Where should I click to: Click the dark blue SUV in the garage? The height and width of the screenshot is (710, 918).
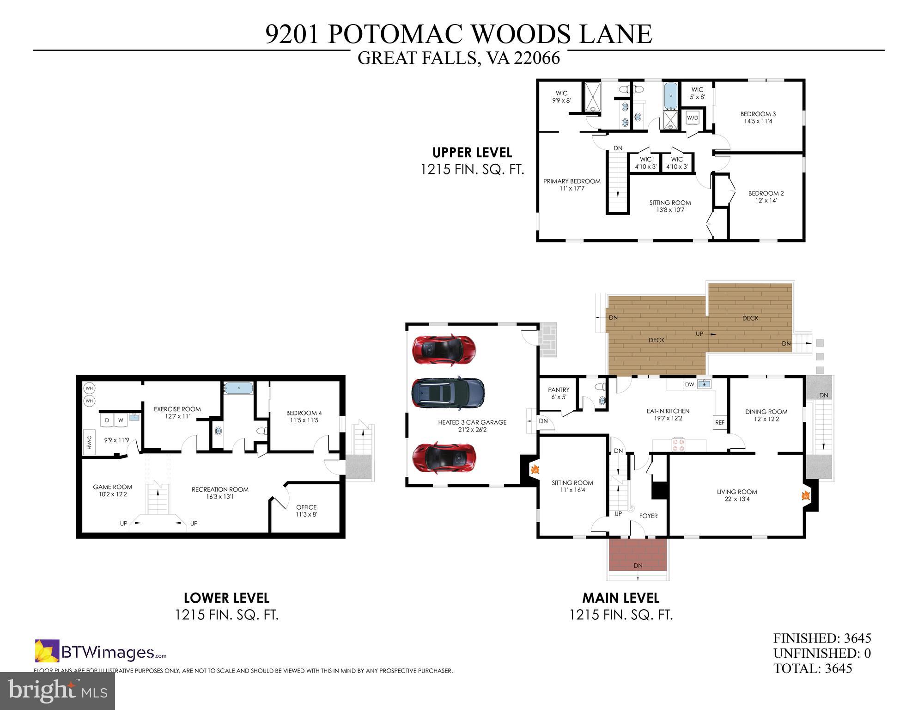[x=448, y=393]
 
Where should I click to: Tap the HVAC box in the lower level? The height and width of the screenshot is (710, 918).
[x=89, y=442]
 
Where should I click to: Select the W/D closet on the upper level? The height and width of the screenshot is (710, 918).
[x=692, y=118]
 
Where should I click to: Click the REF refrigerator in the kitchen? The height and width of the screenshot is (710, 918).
[x=719, y=422]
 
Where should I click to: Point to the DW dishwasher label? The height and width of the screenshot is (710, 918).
[x=689, y=384]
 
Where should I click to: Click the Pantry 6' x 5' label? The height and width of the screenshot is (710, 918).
[x=559, y=393]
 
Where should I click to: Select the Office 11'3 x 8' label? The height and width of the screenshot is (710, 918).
[x=306, y=511]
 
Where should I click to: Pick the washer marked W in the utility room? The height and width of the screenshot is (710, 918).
[x=121, y=420]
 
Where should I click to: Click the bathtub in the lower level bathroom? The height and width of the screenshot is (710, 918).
[x=238, y=388]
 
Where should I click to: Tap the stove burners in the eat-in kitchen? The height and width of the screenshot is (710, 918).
[x=678, y=445]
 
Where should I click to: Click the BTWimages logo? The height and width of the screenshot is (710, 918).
[x=101, y=652]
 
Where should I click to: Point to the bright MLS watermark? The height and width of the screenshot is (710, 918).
[x=57, y=691]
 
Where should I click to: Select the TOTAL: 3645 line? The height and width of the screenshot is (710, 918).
[x=812, y=668]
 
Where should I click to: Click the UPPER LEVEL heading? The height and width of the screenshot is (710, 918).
[x=472, y=152]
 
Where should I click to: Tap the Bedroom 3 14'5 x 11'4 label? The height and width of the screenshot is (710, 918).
[x=758, y=117]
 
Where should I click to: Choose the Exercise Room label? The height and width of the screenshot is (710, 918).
[x=177, y=413]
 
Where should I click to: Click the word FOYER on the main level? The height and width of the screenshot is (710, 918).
[x=648, y=516]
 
